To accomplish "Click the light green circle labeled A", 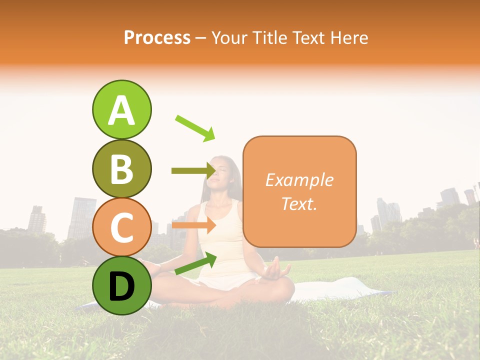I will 121,110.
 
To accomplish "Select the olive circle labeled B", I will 121,169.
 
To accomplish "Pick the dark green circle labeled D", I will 121,285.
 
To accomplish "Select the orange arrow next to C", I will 193,225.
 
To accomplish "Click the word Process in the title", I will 157,37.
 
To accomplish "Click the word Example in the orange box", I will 299,180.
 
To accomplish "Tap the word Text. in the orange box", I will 299,203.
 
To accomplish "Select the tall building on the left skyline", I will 81,217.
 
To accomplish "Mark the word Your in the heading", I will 230,37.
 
